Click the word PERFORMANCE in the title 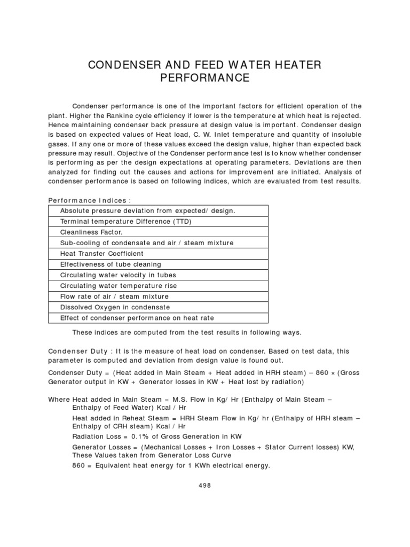coord(205,79)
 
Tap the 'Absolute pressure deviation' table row coord(147,210)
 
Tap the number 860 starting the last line coord(78,465)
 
